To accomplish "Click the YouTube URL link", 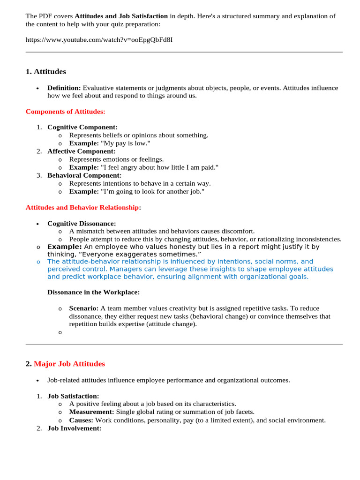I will point(99,39).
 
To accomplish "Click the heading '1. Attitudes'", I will point(45,72).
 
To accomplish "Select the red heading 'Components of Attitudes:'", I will point(66,112).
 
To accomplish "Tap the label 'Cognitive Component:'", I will point(82,127).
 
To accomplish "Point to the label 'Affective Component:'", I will point(81,151).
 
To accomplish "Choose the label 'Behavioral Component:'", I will point(84,175).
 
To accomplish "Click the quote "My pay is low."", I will point(126,143).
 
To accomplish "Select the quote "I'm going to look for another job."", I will point(153,191).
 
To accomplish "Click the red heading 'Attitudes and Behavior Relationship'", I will point(82,207).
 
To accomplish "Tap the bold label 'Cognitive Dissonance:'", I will point(82,224).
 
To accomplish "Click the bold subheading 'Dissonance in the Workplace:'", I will point(93,292).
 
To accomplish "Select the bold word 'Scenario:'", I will point(84,308).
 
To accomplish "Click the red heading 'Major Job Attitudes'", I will point(69,364).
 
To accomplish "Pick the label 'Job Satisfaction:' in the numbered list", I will point(73,396).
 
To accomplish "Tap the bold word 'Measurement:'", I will point(91,412).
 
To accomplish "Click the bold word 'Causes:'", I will point(81,420).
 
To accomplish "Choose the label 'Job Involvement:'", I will point(75,428).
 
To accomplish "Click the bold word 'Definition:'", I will point(64,88).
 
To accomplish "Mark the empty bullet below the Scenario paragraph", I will point(60,332).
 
